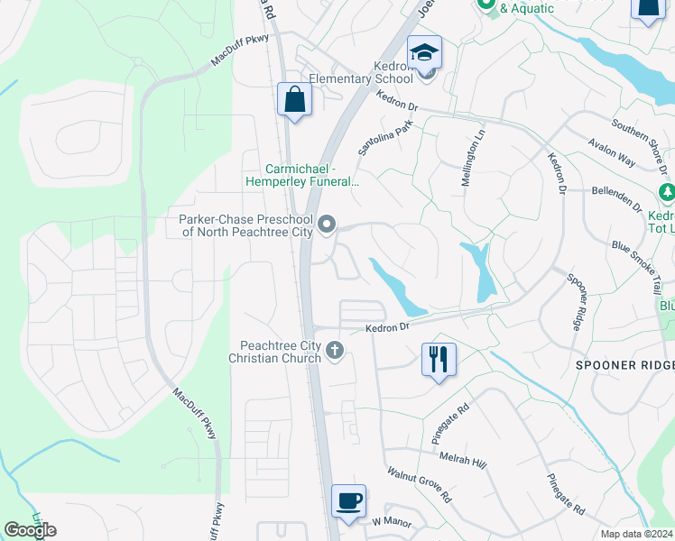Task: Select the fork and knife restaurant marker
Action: click(x=439, y=359)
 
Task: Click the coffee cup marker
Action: click(x=348, y=500)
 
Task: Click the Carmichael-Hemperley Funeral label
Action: click(x=302, y=175)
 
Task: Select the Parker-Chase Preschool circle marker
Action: click(x=328, y=225)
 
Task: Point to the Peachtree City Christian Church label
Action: click(x=280, y=352)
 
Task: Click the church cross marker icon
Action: click(x=336, y=350)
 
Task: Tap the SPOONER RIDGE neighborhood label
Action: click(x=625, y=364)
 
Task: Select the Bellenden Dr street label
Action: click(x=617, y=197)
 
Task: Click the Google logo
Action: click(x=30, y=530)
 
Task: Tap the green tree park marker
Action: click(x=666, y=193)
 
